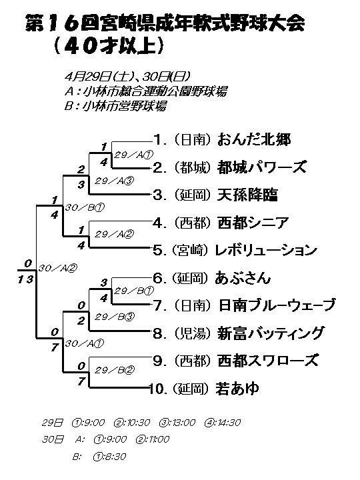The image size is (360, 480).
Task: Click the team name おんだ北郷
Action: point(254,139)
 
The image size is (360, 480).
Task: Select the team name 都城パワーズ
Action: point(262,167)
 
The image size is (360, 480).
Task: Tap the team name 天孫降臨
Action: point(247,195)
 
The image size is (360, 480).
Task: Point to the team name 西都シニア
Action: point(253,223)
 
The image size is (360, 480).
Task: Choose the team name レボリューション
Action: point(266,250)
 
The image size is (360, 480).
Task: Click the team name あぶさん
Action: point(243,278)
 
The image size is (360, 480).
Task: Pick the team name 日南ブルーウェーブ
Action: point(277,305)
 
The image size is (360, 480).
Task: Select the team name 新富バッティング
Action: point(270,333)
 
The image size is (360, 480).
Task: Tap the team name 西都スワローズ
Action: point(268,361)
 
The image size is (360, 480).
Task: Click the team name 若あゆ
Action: point(237,389)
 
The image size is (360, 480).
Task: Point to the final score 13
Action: point(25,279)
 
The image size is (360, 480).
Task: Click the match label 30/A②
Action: point(57,268)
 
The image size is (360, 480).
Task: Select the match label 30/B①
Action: point(85,207)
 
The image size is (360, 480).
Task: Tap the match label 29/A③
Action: point(114,181)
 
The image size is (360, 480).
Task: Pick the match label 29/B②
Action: point(114,370)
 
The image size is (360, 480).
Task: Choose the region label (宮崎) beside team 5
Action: point(190,250)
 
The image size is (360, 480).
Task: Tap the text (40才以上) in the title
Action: point(109,46)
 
